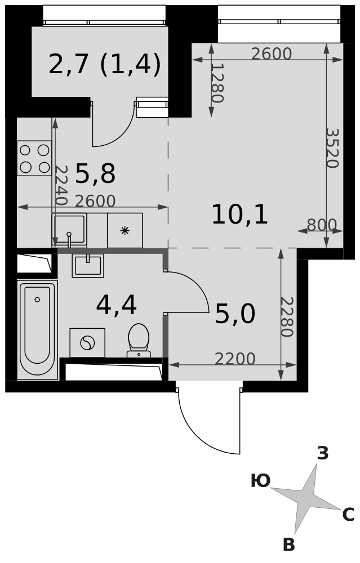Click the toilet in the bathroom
139,341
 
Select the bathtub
37,329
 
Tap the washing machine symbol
87,343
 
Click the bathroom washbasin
88,265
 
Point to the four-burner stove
34,158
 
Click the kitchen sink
69,230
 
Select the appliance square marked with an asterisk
125,230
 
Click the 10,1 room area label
239,215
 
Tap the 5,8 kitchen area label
96,174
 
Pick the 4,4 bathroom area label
117,306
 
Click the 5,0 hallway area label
235,314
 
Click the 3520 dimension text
332,148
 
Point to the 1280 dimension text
217,83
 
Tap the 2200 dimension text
235,359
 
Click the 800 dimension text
322,225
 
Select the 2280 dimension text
287,316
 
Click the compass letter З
323,453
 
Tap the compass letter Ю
260,481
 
